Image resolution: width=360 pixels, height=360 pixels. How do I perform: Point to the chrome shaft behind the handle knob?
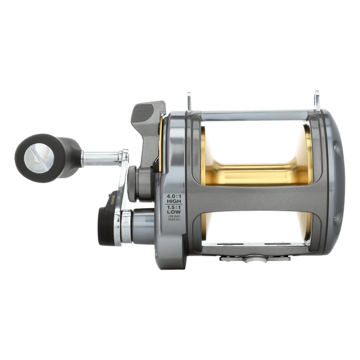point(99,159)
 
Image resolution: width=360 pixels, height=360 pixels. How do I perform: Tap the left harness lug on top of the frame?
point(189,100)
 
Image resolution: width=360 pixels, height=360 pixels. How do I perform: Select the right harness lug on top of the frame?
point(316,99)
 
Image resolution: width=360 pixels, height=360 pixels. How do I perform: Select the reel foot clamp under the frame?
point(255,259)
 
